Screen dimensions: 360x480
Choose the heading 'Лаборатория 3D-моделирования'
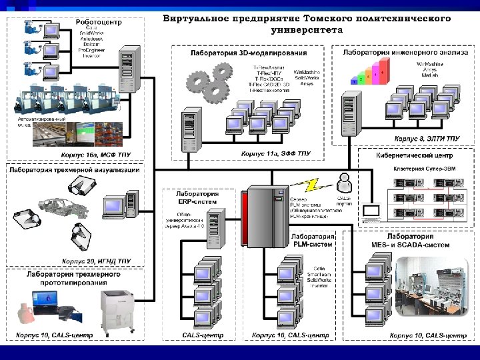pyautogui.click(x=249, y=53)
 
